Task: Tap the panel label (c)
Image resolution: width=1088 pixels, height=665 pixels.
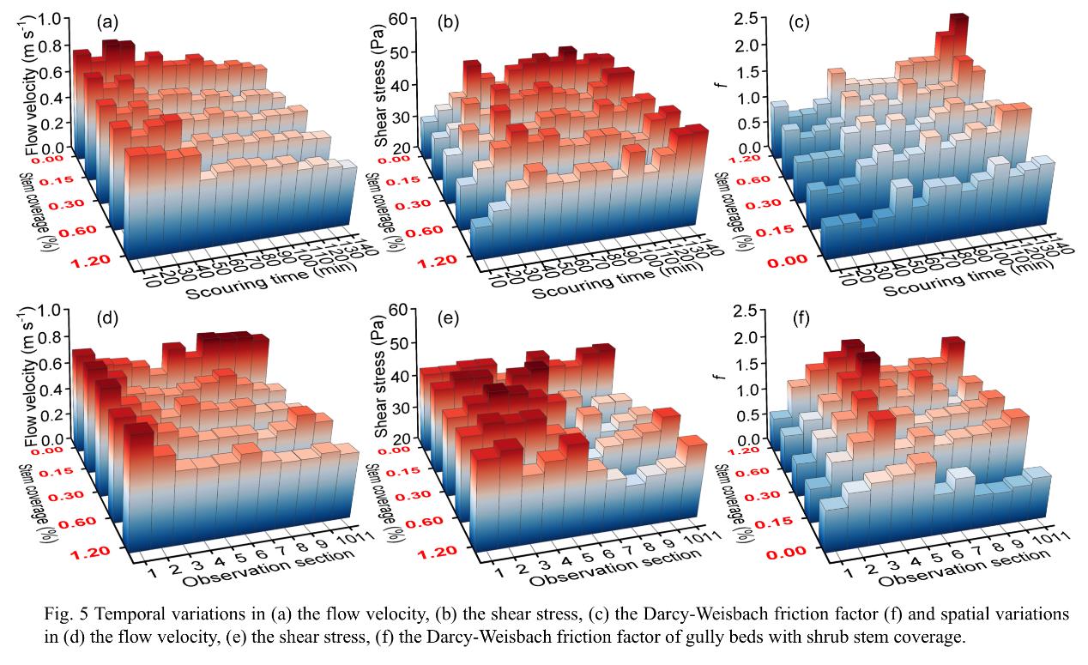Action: point(800,21)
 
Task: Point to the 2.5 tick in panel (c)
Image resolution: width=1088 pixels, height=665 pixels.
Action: point(746,19)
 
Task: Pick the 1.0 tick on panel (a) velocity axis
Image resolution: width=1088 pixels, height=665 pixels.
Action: point(57,19)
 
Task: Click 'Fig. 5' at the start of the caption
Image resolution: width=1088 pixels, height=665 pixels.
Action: point(60,615)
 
